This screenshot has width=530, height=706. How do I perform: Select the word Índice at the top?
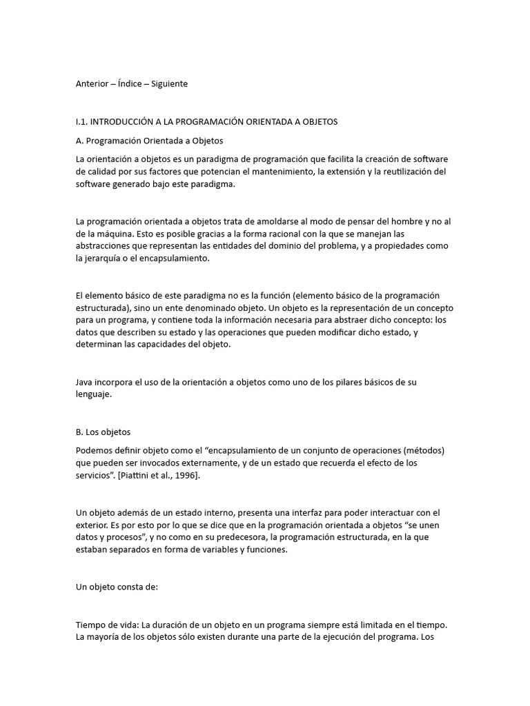135,84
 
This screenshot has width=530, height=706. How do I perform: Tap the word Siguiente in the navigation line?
169,84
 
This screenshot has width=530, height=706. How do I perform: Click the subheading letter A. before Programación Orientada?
79,141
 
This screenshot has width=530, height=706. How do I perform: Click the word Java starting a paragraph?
85,383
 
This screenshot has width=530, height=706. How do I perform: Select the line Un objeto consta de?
117,587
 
